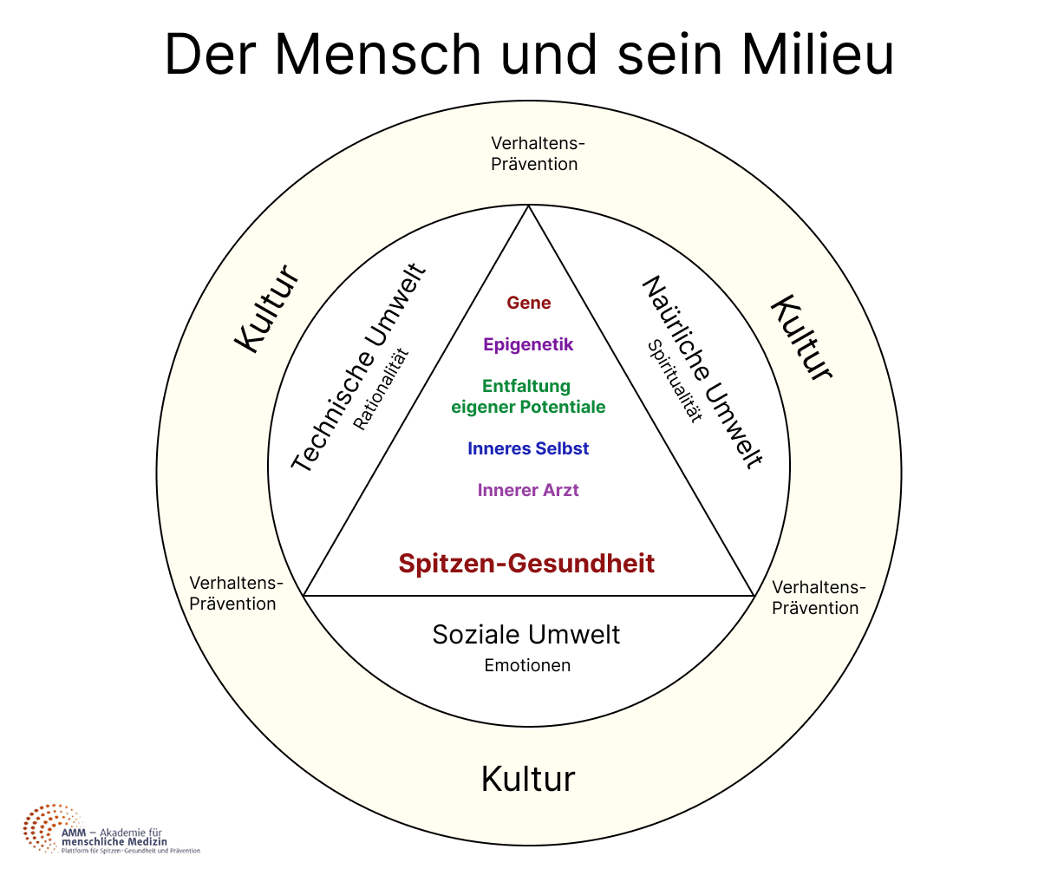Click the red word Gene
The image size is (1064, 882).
529,303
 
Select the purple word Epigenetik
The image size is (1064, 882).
529,344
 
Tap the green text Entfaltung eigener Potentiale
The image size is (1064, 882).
528,396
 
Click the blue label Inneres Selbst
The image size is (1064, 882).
528,448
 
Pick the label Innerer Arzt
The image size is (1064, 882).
528,490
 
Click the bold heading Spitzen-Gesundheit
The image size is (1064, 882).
526,563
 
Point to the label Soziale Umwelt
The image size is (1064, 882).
526,634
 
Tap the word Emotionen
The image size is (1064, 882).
527,666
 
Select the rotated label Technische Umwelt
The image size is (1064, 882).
358,369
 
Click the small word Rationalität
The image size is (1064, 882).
381,389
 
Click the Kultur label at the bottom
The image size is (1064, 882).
528,779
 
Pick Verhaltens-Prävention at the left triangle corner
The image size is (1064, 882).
233,593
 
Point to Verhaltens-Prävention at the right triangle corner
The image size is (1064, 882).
816,598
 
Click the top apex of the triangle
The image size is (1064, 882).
529,206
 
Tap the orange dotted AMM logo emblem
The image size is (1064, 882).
48,828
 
